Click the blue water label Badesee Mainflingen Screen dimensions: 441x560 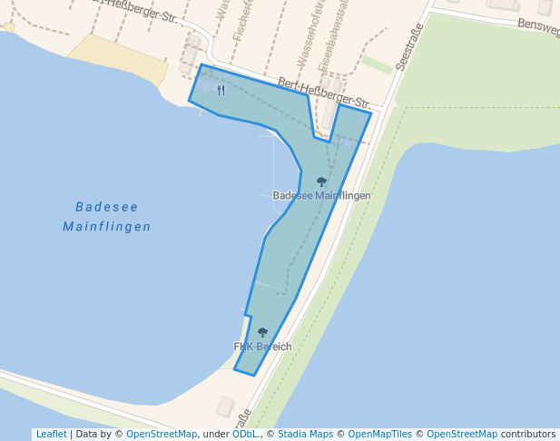[x=107, y=216]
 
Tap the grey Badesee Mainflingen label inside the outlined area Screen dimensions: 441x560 [x=321, y=196]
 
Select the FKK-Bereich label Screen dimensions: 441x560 [x=263, y=347]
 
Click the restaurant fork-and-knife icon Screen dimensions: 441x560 [x=221, y=90]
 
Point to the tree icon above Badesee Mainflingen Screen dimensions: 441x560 [x=321, y=181]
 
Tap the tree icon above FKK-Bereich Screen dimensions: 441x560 [x=262, y=332]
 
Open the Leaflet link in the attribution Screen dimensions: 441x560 [x=51, y=434]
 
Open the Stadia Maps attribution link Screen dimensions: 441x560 [x=305, y=434]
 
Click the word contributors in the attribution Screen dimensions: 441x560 [x=527, y=434]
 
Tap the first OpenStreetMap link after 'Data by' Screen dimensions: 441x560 [x=162, y=434]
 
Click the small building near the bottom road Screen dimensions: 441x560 [x=224, y=407]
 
